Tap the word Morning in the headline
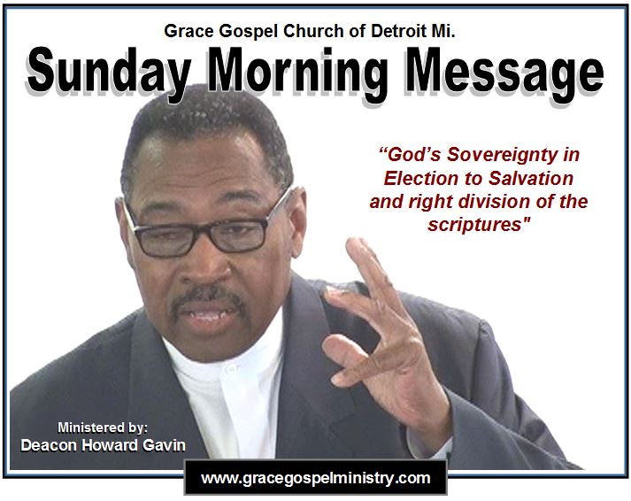(x=297, y=73)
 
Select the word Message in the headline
(x=505, y=73)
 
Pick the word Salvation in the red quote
(x=531, y=178)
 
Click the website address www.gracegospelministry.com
(x=316, y=478)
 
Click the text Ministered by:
(x=103, y=428)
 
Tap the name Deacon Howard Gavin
(x=103, y=445)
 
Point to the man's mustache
(x=207, y=296)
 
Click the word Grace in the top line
(x=187, y=31)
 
